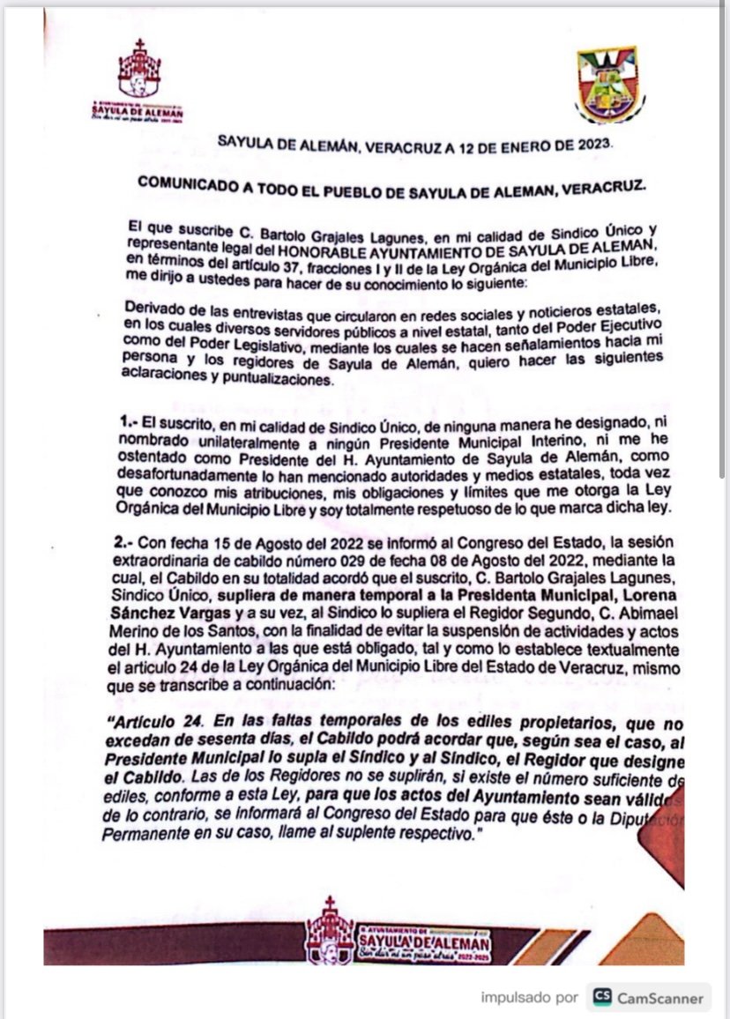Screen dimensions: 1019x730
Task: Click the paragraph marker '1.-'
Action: coord(130,426)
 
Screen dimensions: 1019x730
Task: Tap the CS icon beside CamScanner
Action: coord(603,997)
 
